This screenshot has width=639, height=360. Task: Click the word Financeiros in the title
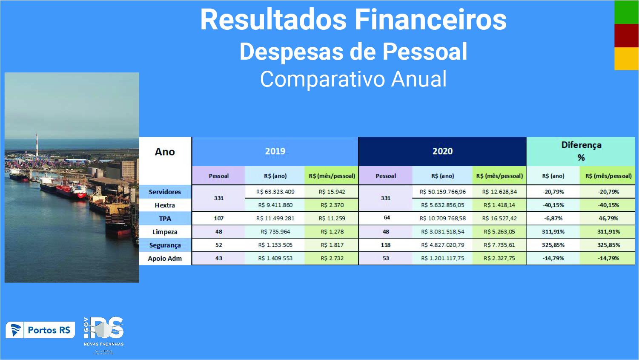click(x=430, y=20)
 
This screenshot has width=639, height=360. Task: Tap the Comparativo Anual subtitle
click(x=353, y=79)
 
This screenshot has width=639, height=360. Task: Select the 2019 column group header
click(x=275, y=151)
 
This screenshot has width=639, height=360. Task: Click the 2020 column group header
click(x=442, y=151)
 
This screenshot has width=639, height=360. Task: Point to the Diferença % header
click(x=581, y=151)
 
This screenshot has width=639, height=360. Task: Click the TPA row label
click(x=165, y=219)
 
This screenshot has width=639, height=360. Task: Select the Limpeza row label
click(x=165, y=232)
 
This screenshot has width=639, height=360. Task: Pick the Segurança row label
click(x=165, y=245)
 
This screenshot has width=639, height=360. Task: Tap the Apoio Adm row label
click(x=165, y=258)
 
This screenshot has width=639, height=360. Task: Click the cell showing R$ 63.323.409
click(x=275, y=192)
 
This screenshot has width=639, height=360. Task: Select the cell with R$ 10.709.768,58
click(x=442, y=219)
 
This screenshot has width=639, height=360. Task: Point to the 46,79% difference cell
click(x=608, y=219)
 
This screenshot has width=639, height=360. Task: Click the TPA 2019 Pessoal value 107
click(x=218, y=219)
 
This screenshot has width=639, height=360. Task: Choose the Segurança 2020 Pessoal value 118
click(x=385, y=245)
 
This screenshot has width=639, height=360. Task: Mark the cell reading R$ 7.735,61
click(x=499, y=245)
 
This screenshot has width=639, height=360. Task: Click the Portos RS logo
click(x=40, y=330)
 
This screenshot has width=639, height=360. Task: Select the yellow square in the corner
click(x=626, y=58)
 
